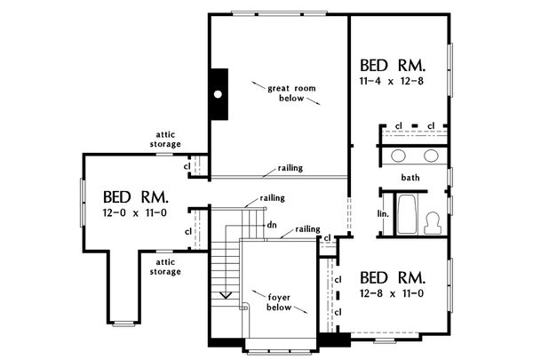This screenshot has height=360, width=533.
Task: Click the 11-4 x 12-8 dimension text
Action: tap(391, 81)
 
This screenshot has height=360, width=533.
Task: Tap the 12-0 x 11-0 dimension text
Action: tap(135, 213)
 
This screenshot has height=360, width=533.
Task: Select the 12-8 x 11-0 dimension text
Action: tap(392, 293)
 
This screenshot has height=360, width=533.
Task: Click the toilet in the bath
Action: tap(433, 223)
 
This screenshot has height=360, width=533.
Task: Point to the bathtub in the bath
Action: tap(407, 214)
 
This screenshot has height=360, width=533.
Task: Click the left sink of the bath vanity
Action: tap(398, 156)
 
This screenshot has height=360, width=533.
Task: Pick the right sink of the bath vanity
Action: tap(431, 156)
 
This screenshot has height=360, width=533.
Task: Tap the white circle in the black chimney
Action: tap(218, 94)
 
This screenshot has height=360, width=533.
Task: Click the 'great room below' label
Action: tap(291, 93)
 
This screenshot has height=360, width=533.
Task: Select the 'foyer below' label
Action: tap(279, 302)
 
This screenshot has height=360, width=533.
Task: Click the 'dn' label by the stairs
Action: tap(272, 225)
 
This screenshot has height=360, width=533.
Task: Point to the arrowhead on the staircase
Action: tap(226, 295)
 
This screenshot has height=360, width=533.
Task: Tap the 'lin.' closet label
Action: tap(383, 214)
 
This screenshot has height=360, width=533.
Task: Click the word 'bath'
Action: tap(410, 177)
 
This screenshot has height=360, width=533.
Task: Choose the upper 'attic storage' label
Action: tap(165, 140)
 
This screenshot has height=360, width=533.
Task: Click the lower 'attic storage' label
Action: tap(165, 267)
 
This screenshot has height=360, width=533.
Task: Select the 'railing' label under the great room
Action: tap(290, 168)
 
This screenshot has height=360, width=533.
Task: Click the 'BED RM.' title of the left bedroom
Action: tap(136, 197)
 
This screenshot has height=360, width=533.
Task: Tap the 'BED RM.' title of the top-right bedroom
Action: tap(393, 66)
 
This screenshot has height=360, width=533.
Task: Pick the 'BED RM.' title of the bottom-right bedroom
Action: tap(393, 277)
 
